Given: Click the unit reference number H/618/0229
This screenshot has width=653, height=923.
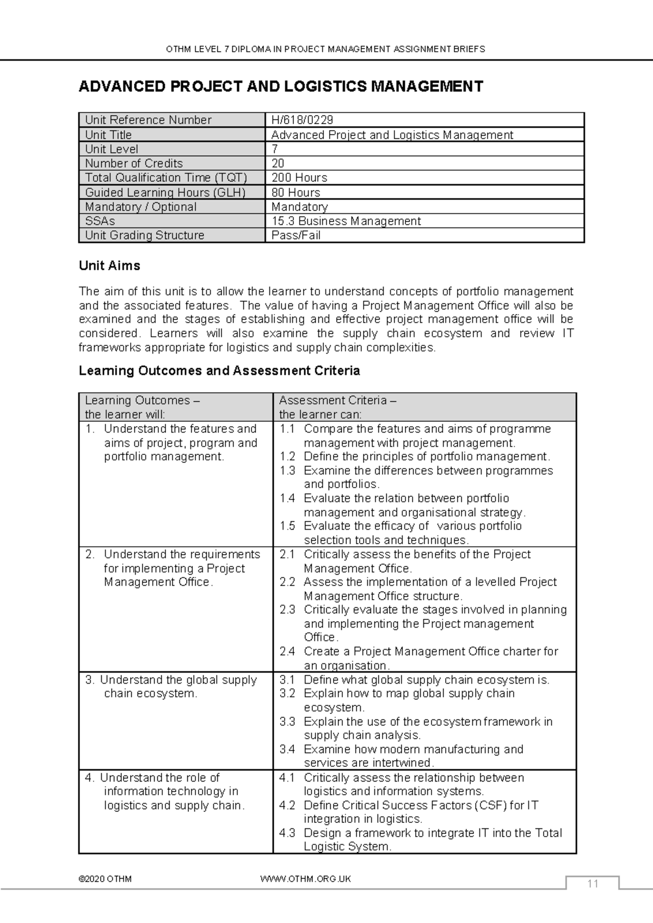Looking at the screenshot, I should tap(302, 120).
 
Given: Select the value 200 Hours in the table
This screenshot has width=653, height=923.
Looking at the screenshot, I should tap(299, 178).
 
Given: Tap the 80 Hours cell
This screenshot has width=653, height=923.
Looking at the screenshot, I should tap(295, 193).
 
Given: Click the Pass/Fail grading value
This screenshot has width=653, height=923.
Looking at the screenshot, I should tap(295, 236).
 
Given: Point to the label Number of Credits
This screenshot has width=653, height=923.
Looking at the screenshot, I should tap(134, 163).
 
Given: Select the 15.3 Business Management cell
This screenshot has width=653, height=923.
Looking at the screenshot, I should tap(346, 221).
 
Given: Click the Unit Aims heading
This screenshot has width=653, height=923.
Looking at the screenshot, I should tap(109, 266).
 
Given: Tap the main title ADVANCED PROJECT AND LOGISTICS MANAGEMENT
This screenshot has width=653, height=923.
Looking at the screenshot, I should tap(281, 87).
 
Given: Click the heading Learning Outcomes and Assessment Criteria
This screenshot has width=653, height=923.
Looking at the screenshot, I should tap(219, 371).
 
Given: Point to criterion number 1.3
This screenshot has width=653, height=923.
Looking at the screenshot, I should tap(287, 471).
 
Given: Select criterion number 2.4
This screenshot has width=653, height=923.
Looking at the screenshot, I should tap(287, 651).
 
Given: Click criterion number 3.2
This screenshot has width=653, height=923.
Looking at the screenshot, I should tap(287, 693).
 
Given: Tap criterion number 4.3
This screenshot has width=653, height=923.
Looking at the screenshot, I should tap(287, 833).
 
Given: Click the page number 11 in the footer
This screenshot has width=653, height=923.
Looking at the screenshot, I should tap(593, 884).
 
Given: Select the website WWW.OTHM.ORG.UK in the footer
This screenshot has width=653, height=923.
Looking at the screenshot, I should tap(306, 879).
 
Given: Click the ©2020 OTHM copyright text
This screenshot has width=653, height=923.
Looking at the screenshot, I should tap(105, 879).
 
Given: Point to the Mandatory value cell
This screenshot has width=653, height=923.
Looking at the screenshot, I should tap(299, 207).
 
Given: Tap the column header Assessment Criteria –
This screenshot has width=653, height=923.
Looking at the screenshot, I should tap(337, 401).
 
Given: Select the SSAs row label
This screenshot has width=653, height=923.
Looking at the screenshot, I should tap(100, 221).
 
